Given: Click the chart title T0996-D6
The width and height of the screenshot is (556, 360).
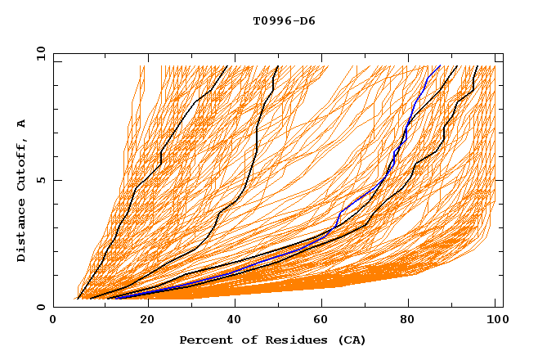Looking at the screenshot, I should pyautogui.click(x=284, y=20).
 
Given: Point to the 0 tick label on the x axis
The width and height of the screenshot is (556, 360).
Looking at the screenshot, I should pyautogui.click(x=53, y=321).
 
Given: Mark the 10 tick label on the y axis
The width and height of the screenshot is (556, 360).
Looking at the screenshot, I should pyautogui.click(x=39, y=52).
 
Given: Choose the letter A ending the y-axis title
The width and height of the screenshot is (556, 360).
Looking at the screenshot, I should pyautogui.click(x=22, y=124).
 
